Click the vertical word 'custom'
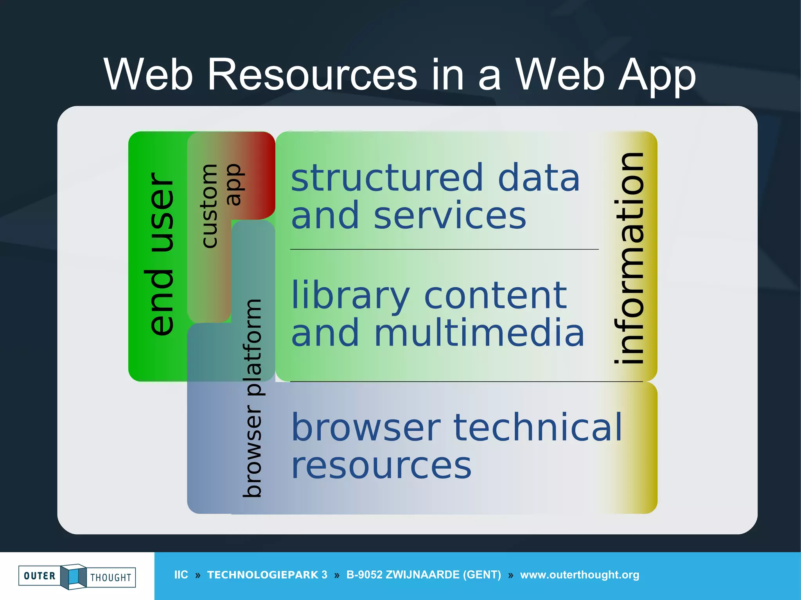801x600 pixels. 209,206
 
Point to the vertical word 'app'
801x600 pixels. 234,184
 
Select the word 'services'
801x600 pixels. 450,216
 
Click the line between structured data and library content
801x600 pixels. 444,249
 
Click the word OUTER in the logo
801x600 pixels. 40,576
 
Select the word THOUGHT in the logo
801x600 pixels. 111,578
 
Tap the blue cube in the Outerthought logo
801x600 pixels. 74,576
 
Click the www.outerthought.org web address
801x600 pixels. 579,575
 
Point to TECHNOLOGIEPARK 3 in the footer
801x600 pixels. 267,575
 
